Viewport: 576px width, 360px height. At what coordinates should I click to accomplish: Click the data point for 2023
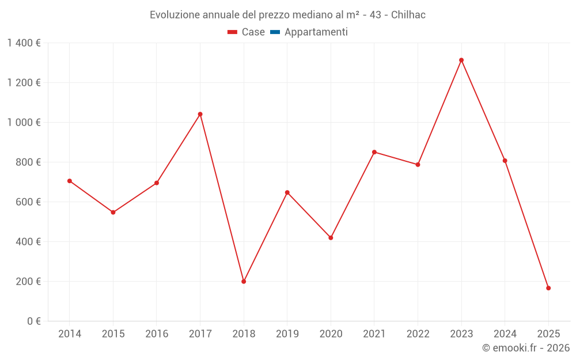click(x=461, y=60)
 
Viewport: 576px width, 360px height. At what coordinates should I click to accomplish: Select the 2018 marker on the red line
click(x=244, y=282)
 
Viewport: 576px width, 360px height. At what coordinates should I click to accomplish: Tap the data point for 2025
click(x=548, y=288)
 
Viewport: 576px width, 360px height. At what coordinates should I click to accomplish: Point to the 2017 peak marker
click(x=200, y=114)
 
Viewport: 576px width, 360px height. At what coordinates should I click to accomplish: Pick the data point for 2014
click(x=70, y=181)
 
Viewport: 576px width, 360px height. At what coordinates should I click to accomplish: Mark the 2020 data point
click(x=331, y=238)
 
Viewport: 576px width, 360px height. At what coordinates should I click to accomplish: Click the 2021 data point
click(x=374, y=152)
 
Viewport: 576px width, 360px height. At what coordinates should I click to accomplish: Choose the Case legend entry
click(x=247, y=32)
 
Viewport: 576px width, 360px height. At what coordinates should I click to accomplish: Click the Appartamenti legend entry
click(x=309, y=32)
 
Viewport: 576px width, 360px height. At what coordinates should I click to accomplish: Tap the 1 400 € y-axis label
click(x=24, y=43)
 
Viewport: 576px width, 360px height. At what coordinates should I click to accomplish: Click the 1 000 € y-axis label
click(x=24, y=123)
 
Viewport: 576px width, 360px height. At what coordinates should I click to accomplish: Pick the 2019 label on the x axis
click(x=287, y=334)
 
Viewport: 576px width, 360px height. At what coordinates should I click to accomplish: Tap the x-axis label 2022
click(x=418, y=334)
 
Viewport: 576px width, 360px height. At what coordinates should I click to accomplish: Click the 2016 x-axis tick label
click(x=157, y=334)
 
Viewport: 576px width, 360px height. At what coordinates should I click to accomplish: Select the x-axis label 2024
click(x=505, y=334)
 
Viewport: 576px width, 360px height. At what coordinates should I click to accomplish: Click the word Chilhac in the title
click(x=408, y=15)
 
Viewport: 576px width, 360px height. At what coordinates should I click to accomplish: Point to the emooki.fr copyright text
click(x=526, y=348)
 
